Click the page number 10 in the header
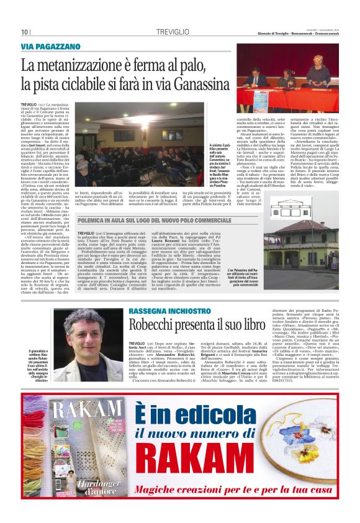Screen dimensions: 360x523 (25, 32)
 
